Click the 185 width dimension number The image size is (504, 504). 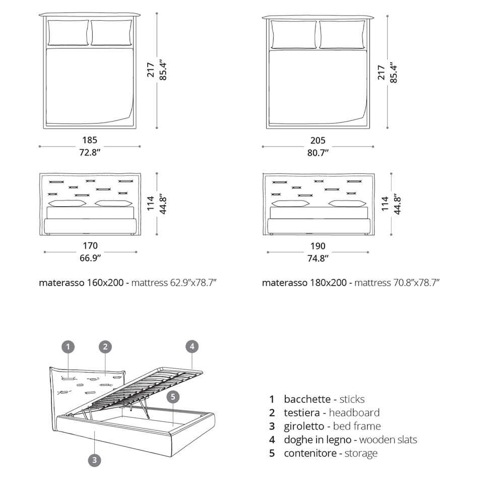[90, 141]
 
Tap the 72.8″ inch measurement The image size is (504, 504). [90, 152]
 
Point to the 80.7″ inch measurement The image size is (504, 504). [318, 152]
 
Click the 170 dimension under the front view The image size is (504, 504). [90, 246]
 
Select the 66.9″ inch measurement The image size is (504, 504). [90, 258]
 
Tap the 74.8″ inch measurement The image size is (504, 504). [318, 258]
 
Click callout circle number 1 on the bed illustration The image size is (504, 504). [69, 346]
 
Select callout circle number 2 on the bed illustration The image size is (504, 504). [105, 346]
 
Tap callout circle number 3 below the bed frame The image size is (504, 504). [94, 460]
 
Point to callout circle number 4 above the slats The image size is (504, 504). [191, 346]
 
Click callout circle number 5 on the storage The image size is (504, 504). [173, 397]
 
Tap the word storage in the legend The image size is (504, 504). [361, 453]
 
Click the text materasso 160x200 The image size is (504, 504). [81, 283]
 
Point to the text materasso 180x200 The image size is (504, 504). [304, 283]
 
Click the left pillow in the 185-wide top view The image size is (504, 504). [69, 33]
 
